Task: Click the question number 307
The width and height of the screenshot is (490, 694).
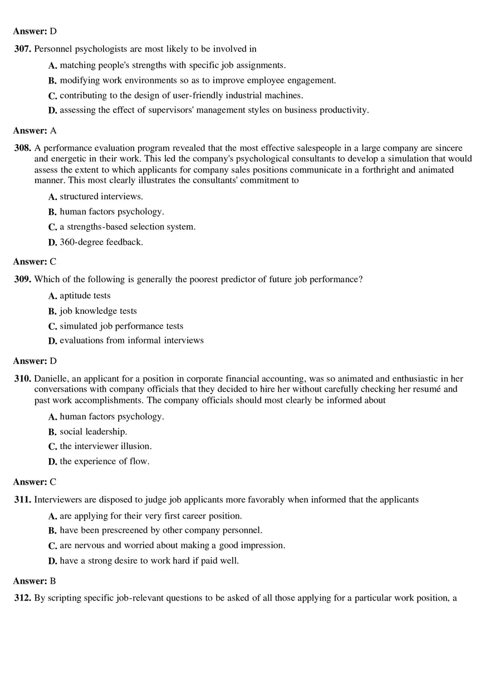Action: (22, 49)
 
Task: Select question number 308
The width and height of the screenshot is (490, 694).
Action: (22, 148)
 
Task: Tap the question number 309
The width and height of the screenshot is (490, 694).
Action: (22, 279)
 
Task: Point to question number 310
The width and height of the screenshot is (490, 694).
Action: (22, 378)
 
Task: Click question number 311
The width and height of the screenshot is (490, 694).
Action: (22, 500)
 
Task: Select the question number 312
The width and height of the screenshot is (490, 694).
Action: (22, 598)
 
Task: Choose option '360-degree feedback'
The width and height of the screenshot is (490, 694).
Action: (101, 242)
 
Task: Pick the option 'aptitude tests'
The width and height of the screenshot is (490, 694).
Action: (85, 296)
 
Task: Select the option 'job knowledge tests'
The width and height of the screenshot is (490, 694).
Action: (98, 311)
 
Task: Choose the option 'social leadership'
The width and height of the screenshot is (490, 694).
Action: (93, 432)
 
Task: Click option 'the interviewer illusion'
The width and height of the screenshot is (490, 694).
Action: (105, 446)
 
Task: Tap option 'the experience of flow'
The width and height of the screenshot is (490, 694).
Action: (104, 461)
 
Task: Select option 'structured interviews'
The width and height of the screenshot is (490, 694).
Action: (101, 196)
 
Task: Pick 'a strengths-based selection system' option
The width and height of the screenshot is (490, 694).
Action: (128, 227)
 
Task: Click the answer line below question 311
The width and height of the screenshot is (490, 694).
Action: (35, 581)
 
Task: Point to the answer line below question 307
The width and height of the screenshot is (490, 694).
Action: (35, 131)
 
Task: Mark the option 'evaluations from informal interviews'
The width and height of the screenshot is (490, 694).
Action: (131, 340)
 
